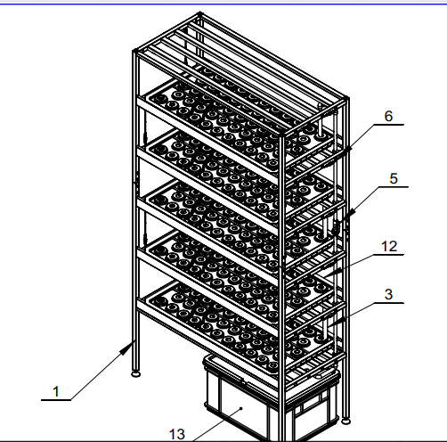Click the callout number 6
pyautogui.click(x=388, y=116)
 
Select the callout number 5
pyautogui.click(x=394, y=178)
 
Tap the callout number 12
pyautogui.click(x=389, y=247)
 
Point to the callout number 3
pyautogui.click(x=388, y=294)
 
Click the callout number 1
pyautogui.click(x=56, y=391)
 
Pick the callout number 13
pyautogui.click(x=177, y=434)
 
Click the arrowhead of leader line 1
pyautogui.click(x=126, y=348)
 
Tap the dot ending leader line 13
pyautogui.click(x=241, y=408)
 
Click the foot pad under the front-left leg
pyautogui.click(x=135, y=373)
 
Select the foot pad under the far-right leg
pyautogui.click(x=345, y=421)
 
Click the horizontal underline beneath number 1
pyautogui.click(x=56, y=400)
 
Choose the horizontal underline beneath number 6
pyautogui.click(x=388, y=125)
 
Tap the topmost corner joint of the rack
pyautogui.click(x=199, y=13)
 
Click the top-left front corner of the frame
pyautogui.click(x=135, y=51)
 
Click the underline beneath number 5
pyautogui.click(x=394, y=187)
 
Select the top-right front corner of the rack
pyautogui.click(x=282, y=135)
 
